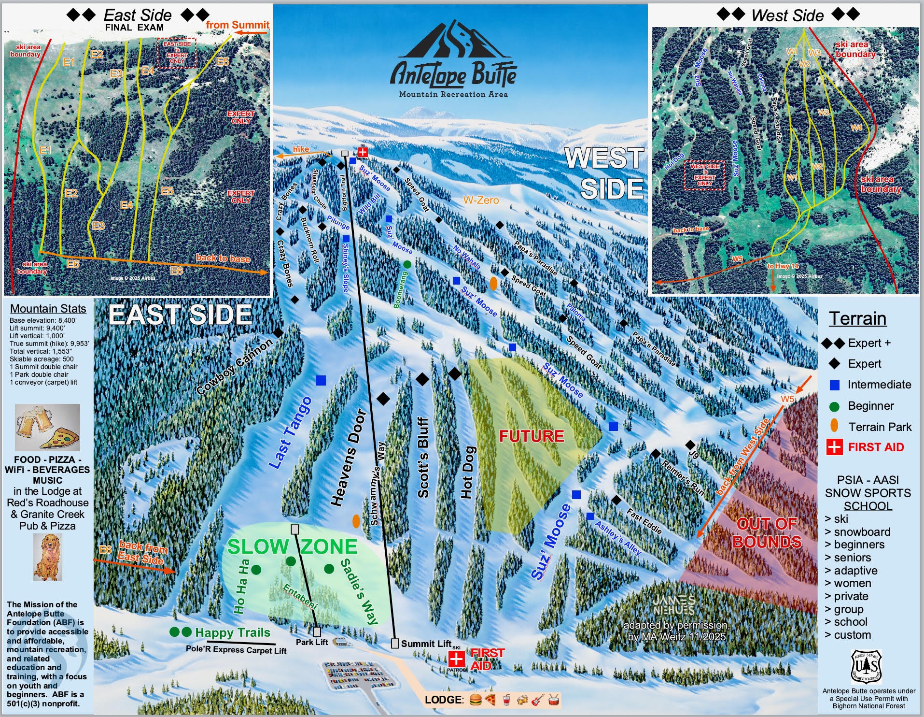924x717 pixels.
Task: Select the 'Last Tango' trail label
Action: click(290, 433)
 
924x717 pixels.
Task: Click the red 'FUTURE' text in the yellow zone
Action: click(532, 436)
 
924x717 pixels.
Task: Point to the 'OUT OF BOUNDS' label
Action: click(767, 533)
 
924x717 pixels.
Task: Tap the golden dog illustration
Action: click(47, 557)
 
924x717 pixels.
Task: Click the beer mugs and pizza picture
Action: click(47, 428)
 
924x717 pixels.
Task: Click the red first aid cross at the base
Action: click(456, 658)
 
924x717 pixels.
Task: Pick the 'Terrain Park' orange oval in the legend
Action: click(834, 426)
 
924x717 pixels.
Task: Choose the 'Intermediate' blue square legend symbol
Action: click(834, 385)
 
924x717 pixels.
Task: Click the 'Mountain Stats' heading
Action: click(48, 309)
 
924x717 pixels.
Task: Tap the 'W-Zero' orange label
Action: click(481, 200)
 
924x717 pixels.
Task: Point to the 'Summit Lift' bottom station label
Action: click(426, 644)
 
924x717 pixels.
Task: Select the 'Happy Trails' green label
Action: click(232, 632)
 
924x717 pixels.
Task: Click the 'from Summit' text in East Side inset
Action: click(238, 25)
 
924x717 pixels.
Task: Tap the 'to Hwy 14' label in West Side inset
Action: click(783, 266)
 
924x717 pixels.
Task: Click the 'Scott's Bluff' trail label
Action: click(423, 458)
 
